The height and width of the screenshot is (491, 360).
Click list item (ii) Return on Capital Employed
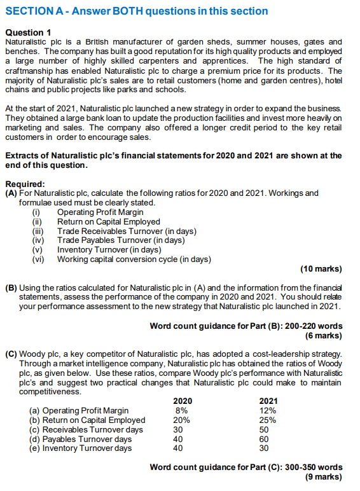[x=108, y=222]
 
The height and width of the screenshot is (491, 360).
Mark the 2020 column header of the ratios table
[x=183, y=401]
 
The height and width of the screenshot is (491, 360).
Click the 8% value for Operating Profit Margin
[x=181, y=411]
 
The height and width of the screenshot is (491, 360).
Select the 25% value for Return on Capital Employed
[x=268, y=420]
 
